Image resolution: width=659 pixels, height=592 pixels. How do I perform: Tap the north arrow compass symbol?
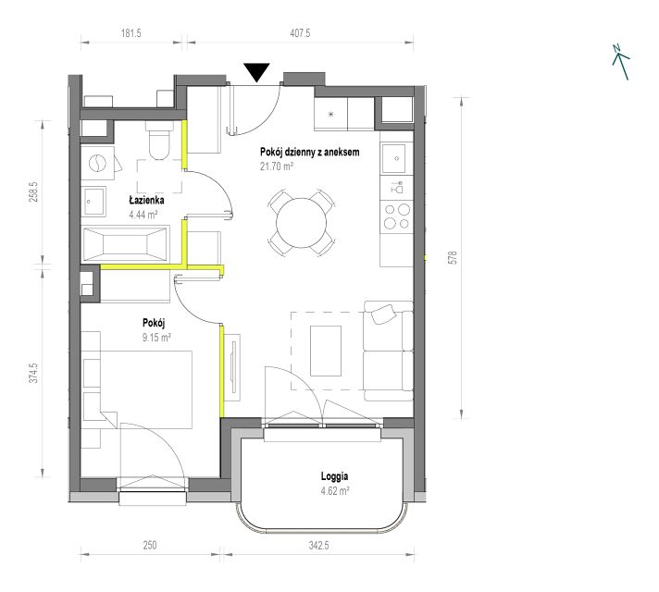coord(620,62)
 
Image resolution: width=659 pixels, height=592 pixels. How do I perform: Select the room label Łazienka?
coord(146,200)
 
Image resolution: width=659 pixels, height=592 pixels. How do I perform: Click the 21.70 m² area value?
coord(277,166)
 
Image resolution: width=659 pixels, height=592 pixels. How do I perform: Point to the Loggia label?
coord(334,476)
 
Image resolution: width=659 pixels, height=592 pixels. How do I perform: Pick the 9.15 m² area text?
coord(156,338)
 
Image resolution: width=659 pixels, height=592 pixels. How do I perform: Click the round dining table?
coord(302,223)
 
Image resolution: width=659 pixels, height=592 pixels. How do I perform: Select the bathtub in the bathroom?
coord(126,244)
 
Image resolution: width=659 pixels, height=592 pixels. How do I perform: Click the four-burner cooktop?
coord(397,216)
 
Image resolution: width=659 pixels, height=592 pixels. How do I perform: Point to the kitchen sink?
coord(393,158)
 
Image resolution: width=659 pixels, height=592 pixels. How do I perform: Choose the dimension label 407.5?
coord(300,32)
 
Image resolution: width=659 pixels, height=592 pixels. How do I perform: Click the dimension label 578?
coord(453,257)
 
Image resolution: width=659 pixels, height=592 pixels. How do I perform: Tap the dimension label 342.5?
coord(319,546)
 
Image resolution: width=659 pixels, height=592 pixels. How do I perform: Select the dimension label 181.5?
coord(131,32)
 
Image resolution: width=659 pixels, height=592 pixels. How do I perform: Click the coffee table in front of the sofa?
coord(326,351)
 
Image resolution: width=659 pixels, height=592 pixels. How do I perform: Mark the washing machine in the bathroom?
coord(98,163)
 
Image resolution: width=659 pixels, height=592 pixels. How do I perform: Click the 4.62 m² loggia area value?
coord(335,491)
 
